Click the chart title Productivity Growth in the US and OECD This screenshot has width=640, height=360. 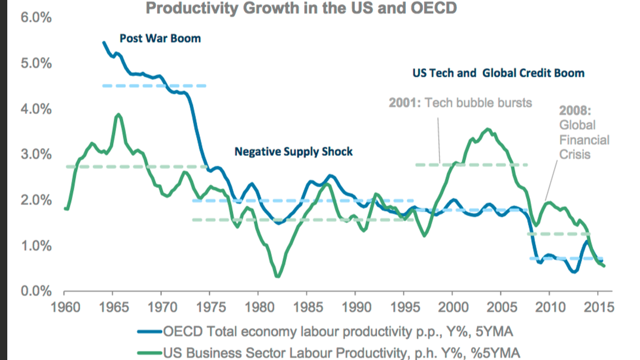pos(301,8)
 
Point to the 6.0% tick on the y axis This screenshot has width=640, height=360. pos(36,18)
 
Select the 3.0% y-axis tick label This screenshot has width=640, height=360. pos(36,154)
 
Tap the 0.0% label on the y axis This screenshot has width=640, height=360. pos(36,291)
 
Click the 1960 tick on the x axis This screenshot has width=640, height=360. pos(65,307)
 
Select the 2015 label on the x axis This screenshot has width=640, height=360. pos(598,307)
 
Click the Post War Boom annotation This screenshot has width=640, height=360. pos(160,38)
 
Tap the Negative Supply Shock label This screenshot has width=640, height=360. pos(293,152)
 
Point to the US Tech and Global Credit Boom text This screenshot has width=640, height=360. pos(498,73)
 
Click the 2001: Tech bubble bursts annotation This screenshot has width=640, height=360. pos(460,103)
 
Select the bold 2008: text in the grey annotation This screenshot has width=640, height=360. pos(575,110)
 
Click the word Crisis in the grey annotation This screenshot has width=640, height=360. pos(574,154)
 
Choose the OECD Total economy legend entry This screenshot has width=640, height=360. pos(325,332)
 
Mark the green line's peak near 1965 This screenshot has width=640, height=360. pos(118,114)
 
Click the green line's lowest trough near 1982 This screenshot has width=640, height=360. pos(278,276)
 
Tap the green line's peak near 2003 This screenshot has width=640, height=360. pos(487,129)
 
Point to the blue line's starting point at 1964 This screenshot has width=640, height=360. pos(104,42)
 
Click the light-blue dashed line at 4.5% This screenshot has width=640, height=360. pos(154,86)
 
